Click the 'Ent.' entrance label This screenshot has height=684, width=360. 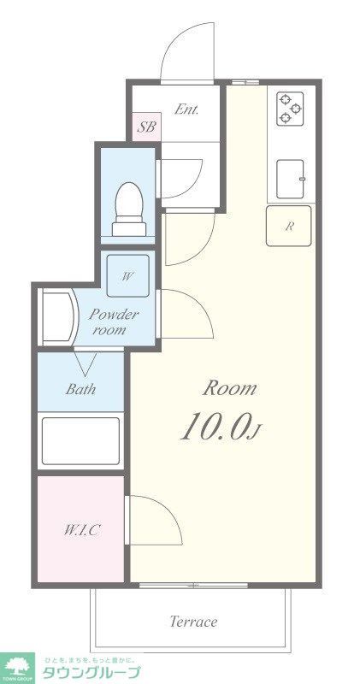tap(186, 109)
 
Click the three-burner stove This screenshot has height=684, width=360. tap(291, 109)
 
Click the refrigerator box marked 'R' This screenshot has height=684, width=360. tap(289, 227)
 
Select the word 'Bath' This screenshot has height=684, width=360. tap(80, 389)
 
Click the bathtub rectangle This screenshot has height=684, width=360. tap(80, 440)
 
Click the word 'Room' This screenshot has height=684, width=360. tap(229, 387)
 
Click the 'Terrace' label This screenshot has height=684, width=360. tap(192, 622)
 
